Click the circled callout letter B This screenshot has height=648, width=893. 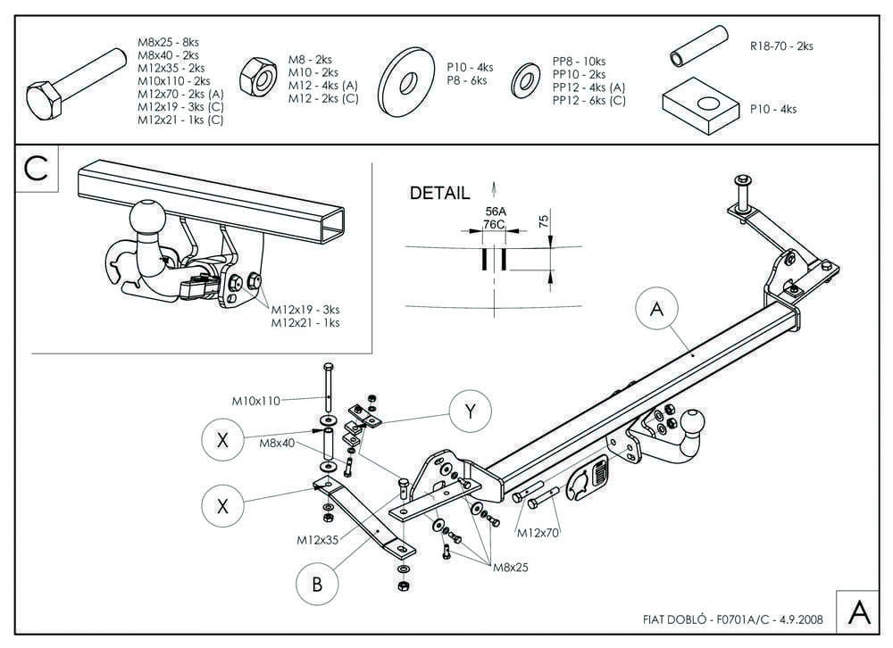click(x=317, y=584)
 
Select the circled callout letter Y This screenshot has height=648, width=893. click(x=471, y=411)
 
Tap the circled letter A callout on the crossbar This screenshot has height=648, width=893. click(x=656, y=309)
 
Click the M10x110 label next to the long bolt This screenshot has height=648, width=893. click(x=255, y=401)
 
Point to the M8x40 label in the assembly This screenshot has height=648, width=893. click(x=277, y=443)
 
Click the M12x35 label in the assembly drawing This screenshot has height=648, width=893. click(x=317, y=540)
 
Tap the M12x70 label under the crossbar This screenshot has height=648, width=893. click(x=538, y=533)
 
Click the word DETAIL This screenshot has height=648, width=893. click(x=439, y=193)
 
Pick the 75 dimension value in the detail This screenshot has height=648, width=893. click(x=543, y=221)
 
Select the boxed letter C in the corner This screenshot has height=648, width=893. click(x=37, y=169)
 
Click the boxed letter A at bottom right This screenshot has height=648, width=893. click(x=859, y=612)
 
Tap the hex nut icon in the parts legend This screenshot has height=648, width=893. click(x=258, y=78)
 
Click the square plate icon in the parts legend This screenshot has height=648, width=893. click(x=701, y=106)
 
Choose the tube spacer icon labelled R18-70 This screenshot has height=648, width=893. click(x=698, y=46)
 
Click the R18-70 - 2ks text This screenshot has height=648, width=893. click(x=781, y=46)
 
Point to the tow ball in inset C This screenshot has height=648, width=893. click(x=148, y=218)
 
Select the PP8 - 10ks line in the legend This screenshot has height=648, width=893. click(x=580, y=62)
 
